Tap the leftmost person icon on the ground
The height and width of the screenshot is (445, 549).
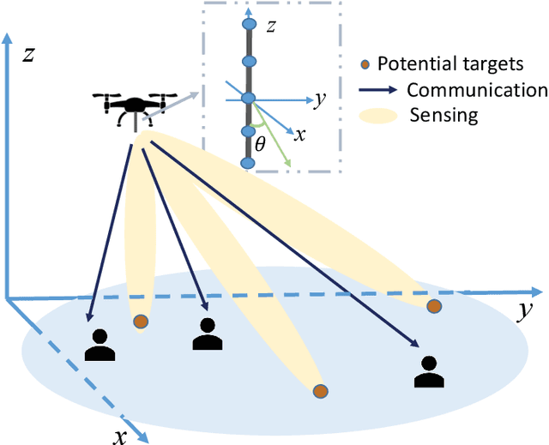point(100,344)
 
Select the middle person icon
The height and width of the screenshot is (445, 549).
point(207,334)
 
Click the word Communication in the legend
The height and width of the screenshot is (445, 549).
point(477,90)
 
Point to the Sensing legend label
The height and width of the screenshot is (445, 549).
point(444,115)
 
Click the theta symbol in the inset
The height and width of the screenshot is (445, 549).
point(261,147)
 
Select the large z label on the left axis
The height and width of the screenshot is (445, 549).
point(27,55)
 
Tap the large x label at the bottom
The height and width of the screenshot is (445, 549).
point(121,436)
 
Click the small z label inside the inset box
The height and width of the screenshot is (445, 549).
point(271,27)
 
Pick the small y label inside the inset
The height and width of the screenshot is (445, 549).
point(318,99)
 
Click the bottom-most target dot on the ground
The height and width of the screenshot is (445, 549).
point(320,392)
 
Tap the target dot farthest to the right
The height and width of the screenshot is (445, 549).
point(435,306)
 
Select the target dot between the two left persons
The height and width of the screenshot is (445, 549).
point(140,322)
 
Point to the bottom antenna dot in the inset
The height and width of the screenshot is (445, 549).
point(249,163)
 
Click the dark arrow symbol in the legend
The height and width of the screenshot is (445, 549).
point(377,90)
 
